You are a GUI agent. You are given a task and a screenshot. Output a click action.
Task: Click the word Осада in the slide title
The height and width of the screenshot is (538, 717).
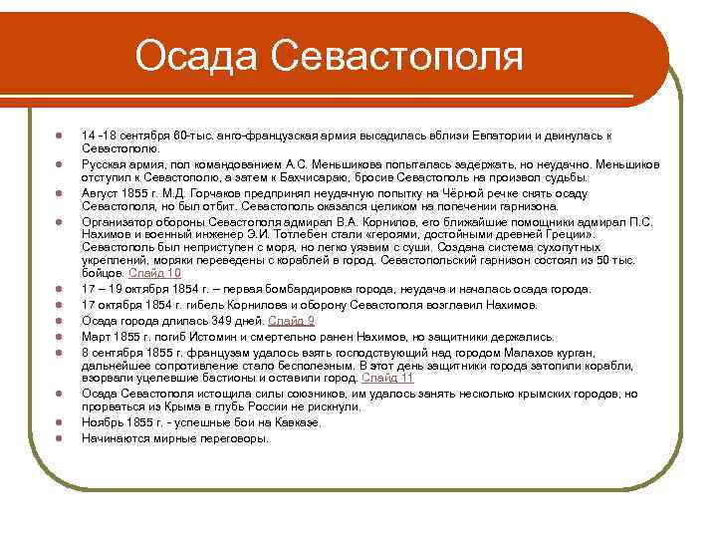coord(197,56)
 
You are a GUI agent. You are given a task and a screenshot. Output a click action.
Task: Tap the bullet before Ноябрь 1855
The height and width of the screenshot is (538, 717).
coord(61,423)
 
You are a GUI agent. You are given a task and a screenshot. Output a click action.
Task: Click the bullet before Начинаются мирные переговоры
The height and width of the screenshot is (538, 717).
coord(61,438)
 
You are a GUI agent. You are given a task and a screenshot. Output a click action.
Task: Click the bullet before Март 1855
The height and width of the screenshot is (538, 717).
coord(61,337)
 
